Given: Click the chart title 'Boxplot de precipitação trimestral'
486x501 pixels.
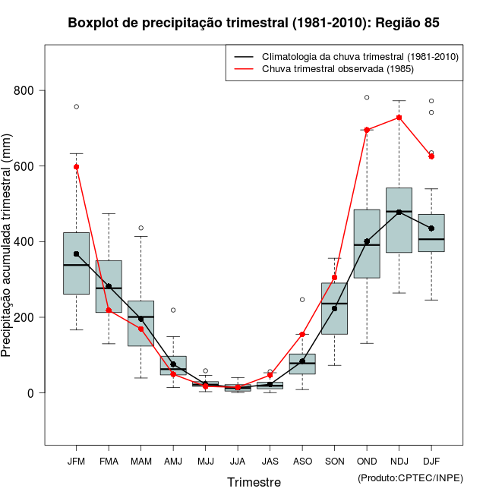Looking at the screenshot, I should tap(253, 23).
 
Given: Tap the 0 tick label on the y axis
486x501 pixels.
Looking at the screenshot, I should tap(30, 392).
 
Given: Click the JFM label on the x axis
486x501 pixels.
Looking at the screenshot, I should tap(76, 462).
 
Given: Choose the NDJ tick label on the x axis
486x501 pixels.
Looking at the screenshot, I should tap(399, 462).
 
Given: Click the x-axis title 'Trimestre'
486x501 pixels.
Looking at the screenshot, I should tap(254, 482).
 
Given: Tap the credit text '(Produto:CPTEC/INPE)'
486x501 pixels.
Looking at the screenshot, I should tap(410, 477).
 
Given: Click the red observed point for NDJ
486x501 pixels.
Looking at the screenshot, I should tap(399, 118).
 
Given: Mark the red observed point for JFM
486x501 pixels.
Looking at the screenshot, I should tap(77, 166).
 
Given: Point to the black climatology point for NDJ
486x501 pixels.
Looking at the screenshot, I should tap(399, 212).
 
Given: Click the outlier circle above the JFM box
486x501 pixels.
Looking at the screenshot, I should tap(77, 106).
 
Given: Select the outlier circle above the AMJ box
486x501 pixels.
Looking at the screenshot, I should tap(173, 310).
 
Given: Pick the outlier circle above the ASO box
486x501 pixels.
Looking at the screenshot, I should tap(302, 299).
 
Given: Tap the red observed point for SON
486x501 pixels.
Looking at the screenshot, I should tap(335, 277).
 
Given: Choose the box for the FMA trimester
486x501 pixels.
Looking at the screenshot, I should tap(109, 286).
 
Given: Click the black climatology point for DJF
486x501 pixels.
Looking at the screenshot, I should tap(431, 228).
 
